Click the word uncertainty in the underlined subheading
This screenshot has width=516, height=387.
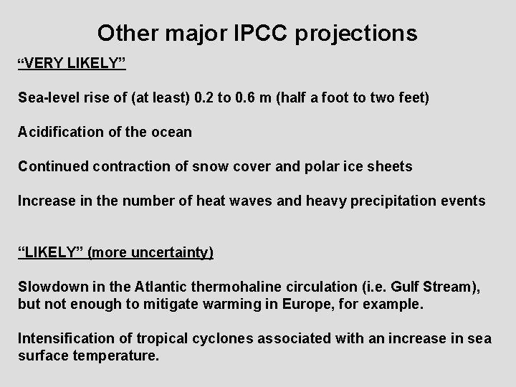pos(171,253)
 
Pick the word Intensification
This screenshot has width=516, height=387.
pos(62,338)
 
